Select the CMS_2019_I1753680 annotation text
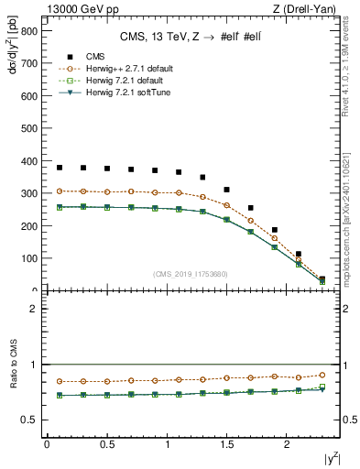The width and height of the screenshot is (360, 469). (x=191, y=274)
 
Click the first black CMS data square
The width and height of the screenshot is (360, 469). (x=60, y=168)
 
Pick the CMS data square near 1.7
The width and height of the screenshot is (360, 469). (x=251, y=208)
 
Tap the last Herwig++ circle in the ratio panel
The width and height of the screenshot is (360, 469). (x=322, y=375)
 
